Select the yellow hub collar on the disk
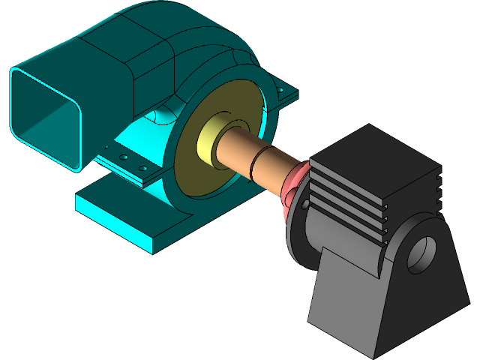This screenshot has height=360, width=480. [x=208, y=142]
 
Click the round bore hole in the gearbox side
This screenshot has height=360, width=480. [x=421, y=253]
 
